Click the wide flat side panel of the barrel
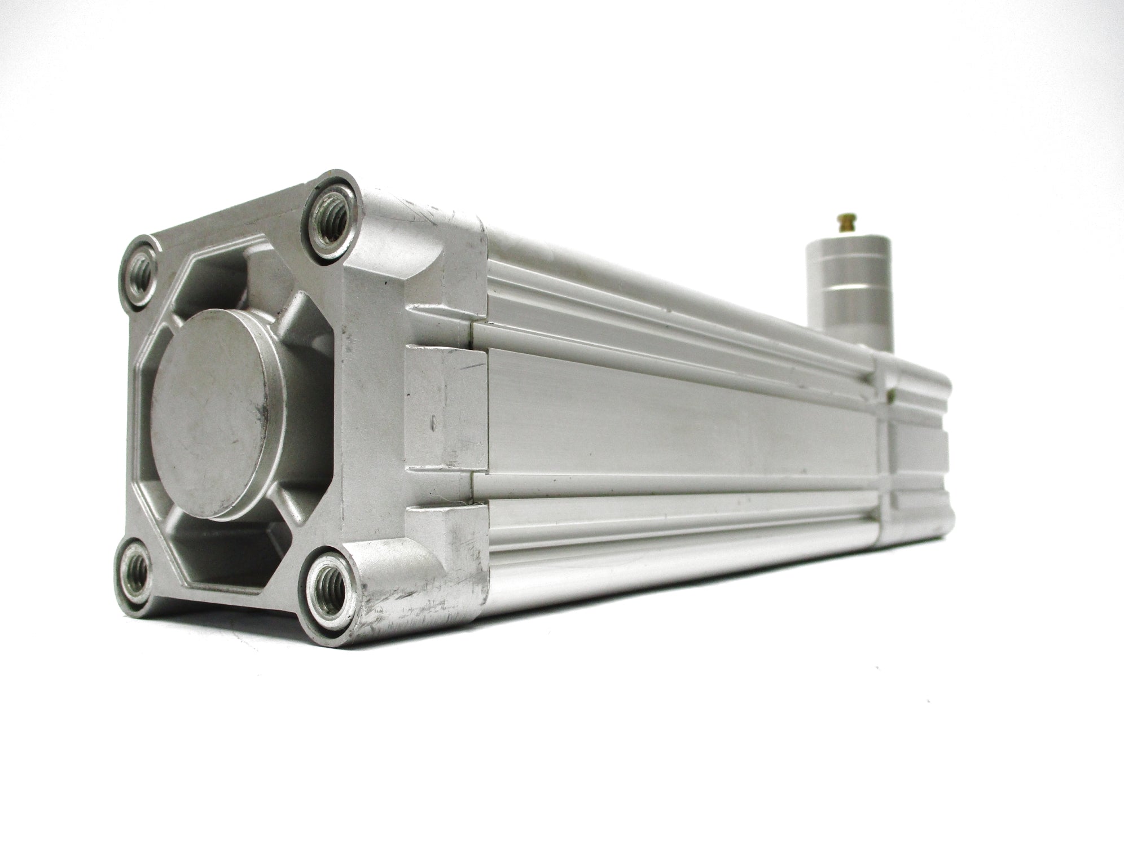coord(677,420)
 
